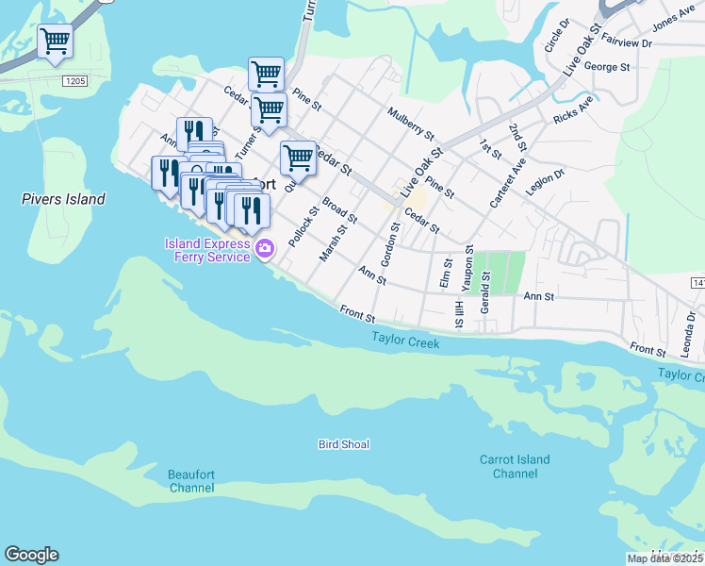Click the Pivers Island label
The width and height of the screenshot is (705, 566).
click(x=64, y=199)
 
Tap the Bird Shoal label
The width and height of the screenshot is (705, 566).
click(x=343, y=444)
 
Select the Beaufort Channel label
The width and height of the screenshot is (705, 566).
click(x=191, y=481)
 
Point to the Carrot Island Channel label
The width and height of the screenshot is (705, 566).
click(x=515, y=467)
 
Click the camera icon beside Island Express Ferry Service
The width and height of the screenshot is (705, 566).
click(x=265, y=250)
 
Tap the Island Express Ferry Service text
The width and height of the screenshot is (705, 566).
click(x=207, y=250)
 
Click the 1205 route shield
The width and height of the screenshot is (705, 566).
click(x=76, y=83)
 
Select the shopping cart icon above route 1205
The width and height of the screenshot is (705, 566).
click(x=56, y=41)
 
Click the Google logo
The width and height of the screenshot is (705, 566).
click(x=31, y=555)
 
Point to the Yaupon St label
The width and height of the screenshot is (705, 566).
click(x=469, y=266)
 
